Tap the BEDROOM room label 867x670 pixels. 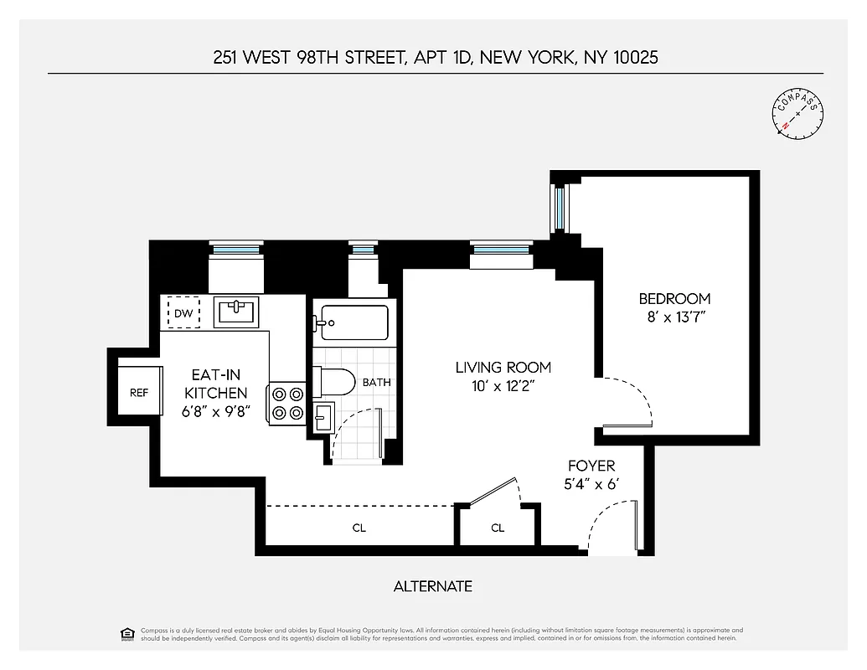coord(674,299)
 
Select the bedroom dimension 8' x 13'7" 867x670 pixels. coord(674,317)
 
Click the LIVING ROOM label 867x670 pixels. coord(503,367)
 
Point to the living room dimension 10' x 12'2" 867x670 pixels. coord(503,385)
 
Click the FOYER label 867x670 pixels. coord(591,466)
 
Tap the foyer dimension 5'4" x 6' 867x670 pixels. coord(591,484)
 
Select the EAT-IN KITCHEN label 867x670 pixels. coord(216,384)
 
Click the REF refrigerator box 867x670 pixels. coord(139,392)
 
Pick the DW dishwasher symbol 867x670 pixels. coord(184,314)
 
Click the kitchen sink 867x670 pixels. coord(235,313)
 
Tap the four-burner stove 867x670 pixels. coord(286,401)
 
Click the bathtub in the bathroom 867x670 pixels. coord(353,322)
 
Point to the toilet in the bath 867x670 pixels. coord(339,383)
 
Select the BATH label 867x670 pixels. coord(376,383)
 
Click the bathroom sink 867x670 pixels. coord(324,416)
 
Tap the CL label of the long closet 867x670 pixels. coord(359,528)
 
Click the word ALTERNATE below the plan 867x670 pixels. coord(433,586)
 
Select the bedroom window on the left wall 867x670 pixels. coord(559,206)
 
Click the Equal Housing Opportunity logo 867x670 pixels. coord(127,633)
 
